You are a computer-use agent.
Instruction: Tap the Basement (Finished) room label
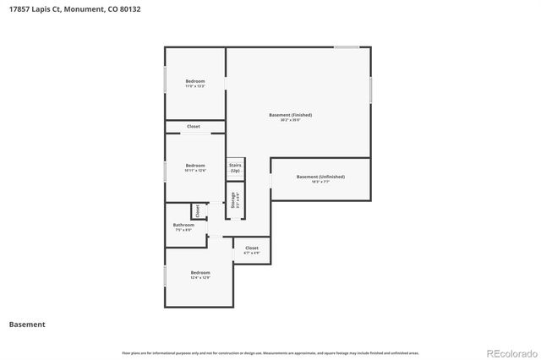tap(290, 114)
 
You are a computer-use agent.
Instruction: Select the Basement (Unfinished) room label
tap(320, 177)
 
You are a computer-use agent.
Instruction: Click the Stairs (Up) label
tap(235, 167)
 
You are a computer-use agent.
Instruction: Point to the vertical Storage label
tap(233, 200)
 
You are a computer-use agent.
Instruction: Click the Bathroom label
tap(183, 225)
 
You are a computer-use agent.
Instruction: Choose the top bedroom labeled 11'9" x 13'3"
tap(195, 81)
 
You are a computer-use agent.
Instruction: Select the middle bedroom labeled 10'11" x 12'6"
tap(195, 166)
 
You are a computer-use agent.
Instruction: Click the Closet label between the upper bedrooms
tap(194, 127)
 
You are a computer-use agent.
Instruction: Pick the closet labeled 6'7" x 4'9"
tap(251, 248)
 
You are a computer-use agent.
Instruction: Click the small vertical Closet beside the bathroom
tap(197, 210)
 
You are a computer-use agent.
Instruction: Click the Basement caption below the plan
tap(27, 325)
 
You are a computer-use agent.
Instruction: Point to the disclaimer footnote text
tap(270, 352)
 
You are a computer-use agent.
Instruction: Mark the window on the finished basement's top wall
tap(347, 47)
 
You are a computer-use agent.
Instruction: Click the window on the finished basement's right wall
tap(370, 90)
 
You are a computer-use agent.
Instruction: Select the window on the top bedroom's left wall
tap(165, 79)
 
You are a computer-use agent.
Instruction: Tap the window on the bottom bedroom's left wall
tap(165, 275)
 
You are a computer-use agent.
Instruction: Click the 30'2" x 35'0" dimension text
tap(290, 120)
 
